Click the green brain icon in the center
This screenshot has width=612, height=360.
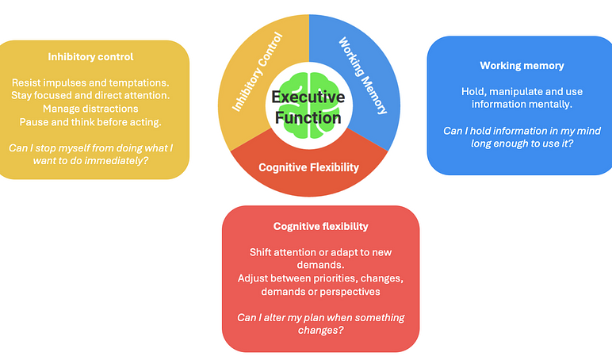coord(308,105)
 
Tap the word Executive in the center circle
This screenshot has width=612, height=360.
coord(308,97)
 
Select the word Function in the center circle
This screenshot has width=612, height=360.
coord(308,117)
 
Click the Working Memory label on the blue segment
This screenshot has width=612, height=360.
coord(362,75)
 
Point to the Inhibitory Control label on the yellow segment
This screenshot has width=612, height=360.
coord(257,72)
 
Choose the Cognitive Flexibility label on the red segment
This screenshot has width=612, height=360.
coord(308,167)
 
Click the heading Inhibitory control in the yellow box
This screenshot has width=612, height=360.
coord(90,57)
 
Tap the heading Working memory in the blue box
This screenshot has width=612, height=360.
coord(522,66)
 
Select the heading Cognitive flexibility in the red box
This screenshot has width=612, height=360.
coord(321,227)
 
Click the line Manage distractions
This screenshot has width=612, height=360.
coord(90,109)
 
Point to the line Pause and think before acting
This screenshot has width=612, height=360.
coord(90,122)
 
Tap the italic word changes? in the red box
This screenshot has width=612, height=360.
coord(321,331)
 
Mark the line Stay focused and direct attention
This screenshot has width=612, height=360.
coord(90,95)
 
